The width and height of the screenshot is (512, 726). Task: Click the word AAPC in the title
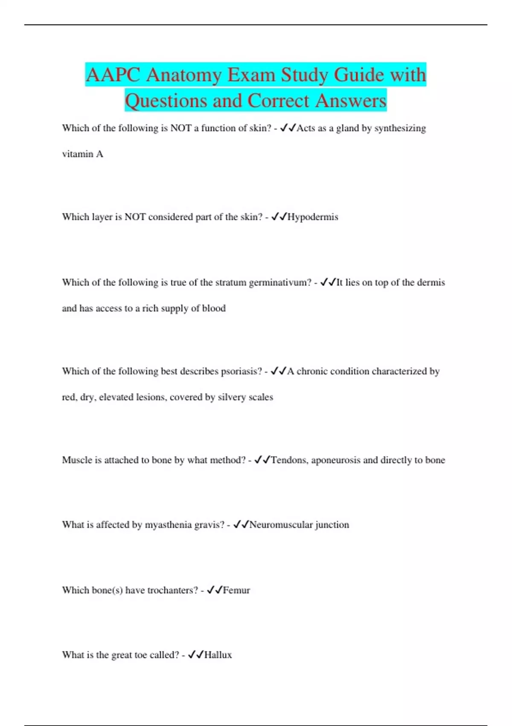[x=113, y=75]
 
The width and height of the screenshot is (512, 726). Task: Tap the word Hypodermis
[x=313, y=217]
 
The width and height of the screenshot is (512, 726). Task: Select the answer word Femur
[x=236, y=590]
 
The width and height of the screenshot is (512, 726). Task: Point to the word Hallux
[x=218, y=655]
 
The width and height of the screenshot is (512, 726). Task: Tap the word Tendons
[x=289, y=460]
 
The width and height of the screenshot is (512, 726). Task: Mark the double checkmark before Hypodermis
[x=279, y=217]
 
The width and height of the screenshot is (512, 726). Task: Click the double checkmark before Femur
[x=214, y=590]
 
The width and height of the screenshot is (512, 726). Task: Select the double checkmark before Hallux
[x=195, y=655]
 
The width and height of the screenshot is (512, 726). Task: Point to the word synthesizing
[x=400, y=129]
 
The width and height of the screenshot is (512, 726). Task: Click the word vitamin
[x=77, y=154]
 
